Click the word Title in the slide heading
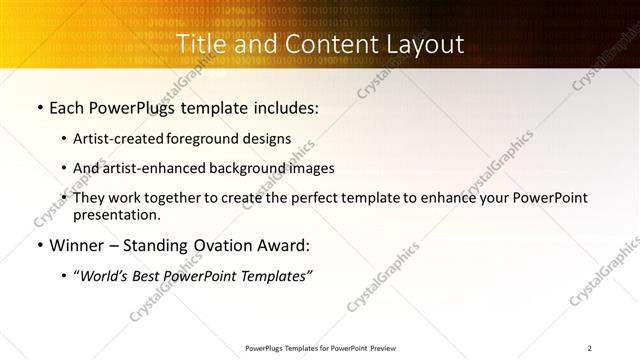click(201, 44)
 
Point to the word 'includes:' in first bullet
click(286, 107)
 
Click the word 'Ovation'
click(223, 245)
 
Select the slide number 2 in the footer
click(590, 348)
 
